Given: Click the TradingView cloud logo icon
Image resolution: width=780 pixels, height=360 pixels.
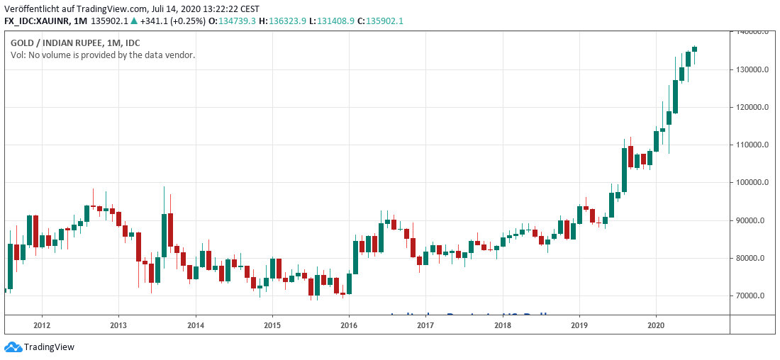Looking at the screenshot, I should [13, 347].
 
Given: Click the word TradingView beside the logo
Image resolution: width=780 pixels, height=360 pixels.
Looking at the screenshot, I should [49, 347].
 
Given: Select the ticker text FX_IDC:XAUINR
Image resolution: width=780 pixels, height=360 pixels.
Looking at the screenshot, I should [37, 21].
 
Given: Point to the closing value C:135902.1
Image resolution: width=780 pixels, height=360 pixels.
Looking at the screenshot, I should [381, 21].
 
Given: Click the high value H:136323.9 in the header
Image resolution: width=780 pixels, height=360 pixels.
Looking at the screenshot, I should [282, 21].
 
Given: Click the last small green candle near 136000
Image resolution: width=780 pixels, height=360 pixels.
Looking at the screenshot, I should [694, 49].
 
